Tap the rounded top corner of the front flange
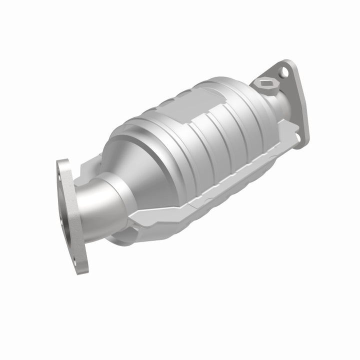62,162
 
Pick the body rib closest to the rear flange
250,120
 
